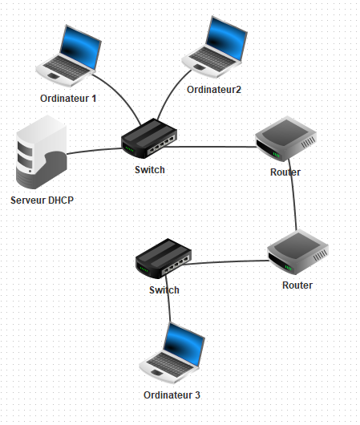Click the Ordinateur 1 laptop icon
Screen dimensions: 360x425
click(x=69, y=56)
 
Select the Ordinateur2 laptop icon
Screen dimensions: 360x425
click(x=214, y=47)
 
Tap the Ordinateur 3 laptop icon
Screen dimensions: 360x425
click(x=172, y=353)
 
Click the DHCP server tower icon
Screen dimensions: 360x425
click(x=41, y=152)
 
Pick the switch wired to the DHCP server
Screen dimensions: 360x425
click(x=149, y=138)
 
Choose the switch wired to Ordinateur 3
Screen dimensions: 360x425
click(x=164, y=258)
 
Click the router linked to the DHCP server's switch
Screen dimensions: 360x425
click(x=285, y=139)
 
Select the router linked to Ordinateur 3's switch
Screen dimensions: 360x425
click(x=297, y=252)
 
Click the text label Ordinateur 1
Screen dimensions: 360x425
click(x=68, y=99)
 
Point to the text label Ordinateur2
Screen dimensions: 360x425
click(x=214, y=90)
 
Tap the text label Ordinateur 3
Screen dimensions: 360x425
click(x=172, y=395)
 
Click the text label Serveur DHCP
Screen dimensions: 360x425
click(x=42, y=200)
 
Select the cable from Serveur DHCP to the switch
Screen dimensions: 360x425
click(x=95, y=151)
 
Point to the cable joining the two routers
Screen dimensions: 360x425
click(x=293, y=195)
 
